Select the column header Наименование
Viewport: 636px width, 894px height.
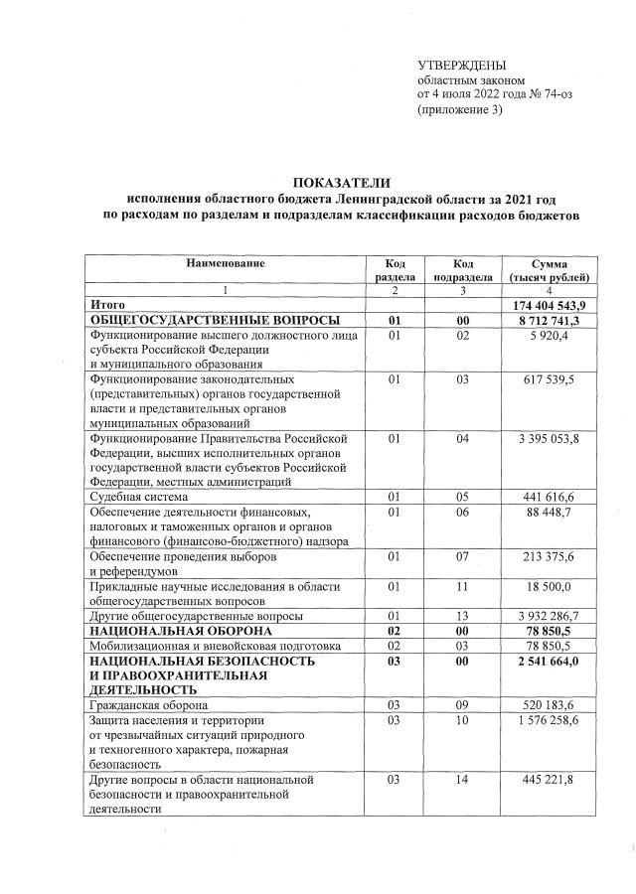(226, 262)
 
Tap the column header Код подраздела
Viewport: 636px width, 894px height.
(462, 269)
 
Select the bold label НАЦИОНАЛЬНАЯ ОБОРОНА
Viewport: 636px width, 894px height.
(181, 631)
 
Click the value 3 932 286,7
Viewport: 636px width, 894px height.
(554, 616)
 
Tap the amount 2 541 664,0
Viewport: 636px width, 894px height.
(554, 661)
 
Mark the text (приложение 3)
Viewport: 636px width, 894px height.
(460, 109)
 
